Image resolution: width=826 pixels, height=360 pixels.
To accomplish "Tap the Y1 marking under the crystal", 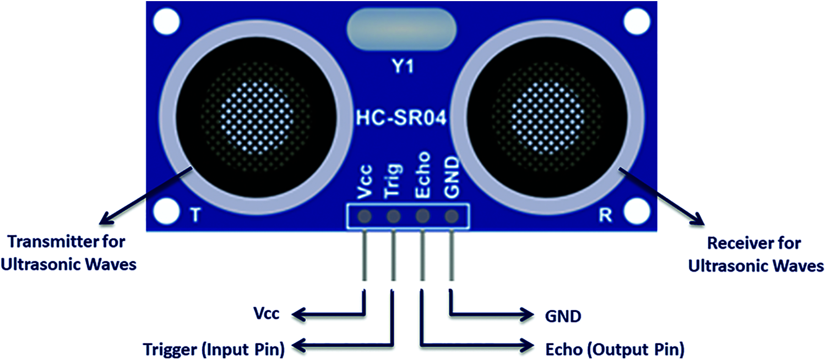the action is (403, 66).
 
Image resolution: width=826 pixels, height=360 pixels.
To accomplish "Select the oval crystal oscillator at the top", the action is (401, 29).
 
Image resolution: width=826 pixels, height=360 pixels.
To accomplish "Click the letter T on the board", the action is (195, 215).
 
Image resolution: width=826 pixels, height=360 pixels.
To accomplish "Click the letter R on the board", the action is (606, 215).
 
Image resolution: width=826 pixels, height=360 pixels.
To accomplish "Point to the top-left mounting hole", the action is (166, 21).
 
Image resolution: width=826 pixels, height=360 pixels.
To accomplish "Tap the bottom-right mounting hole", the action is (637, 212).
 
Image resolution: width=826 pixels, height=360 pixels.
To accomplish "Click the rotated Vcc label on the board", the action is (366, 182).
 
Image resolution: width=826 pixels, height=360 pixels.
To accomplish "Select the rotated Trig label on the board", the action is (393, 181).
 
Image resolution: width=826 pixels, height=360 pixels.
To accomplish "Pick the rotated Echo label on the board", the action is (422, 174).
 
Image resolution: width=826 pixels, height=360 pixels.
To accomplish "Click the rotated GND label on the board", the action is (452, 177).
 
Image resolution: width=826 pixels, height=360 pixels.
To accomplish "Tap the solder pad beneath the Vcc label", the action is (365, 216).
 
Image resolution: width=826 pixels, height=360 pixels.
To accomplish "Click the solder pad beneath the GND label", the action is (452, 216).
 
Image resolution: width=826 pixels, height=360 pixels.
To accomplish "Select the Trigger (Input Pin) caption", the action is (214, 348).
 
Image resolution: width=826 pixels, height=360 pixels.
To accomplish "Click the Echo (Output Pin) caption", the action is (615, 349).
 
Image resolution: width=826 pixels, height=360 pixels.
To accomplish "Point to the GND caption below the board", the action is (563, 316).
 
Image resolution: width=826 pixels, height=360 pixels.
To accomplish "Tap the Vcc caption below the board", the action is (266, 313).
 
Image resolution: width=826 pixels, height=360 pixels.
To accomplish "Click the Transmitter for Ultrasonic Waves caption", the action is (69, 253).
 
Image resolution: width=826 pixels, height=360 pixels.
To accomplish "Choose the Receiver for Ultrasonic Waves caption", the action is (756, 255).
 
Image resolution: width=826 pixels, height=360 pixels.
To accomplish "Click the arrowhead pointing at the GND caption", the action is (526, 315).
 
